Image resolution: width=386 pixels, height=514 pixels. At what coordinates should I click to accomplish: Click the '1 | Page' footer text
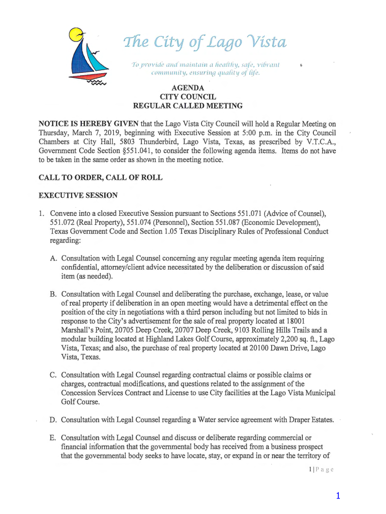coord(321,469)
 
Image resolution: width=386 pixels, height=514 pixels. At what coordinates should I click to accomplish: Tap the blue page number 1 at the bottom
coord(338,496)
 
